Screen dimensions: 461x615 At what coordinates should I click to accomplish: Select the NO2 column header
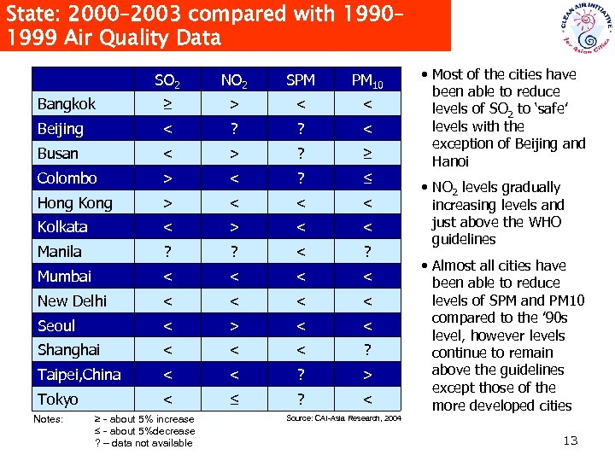(x=233, y=81)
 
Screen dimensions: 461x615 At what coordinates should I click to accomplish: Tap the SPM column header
(x=300, y=80)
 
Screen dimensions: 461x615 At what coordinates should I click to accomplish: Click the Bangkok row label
(x=66, y=104)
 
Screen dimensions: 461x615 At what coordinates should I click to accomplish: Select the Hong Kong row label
(x=74, y=203)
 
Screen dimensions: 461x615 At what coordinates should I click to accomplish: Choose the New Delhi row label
(x=73, y=301)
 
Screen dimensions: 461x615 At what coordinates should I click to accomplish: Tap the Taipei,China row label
(x=79, y=375)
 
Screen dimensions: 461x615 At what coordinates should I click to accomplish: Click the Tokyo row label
(x=57, y=400)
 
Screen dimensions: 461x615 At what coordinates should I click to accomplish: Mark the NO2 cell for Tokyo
(x=233, y=400)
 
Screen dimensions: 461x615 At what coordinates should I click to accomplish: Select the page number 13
(x=571, y=440)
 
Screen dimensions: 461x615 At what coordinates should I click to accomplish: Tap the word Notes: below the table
(x=48, y=419)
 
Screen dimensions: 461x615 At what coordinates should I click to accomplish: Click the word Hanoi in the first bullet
(x=450, y=161)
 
